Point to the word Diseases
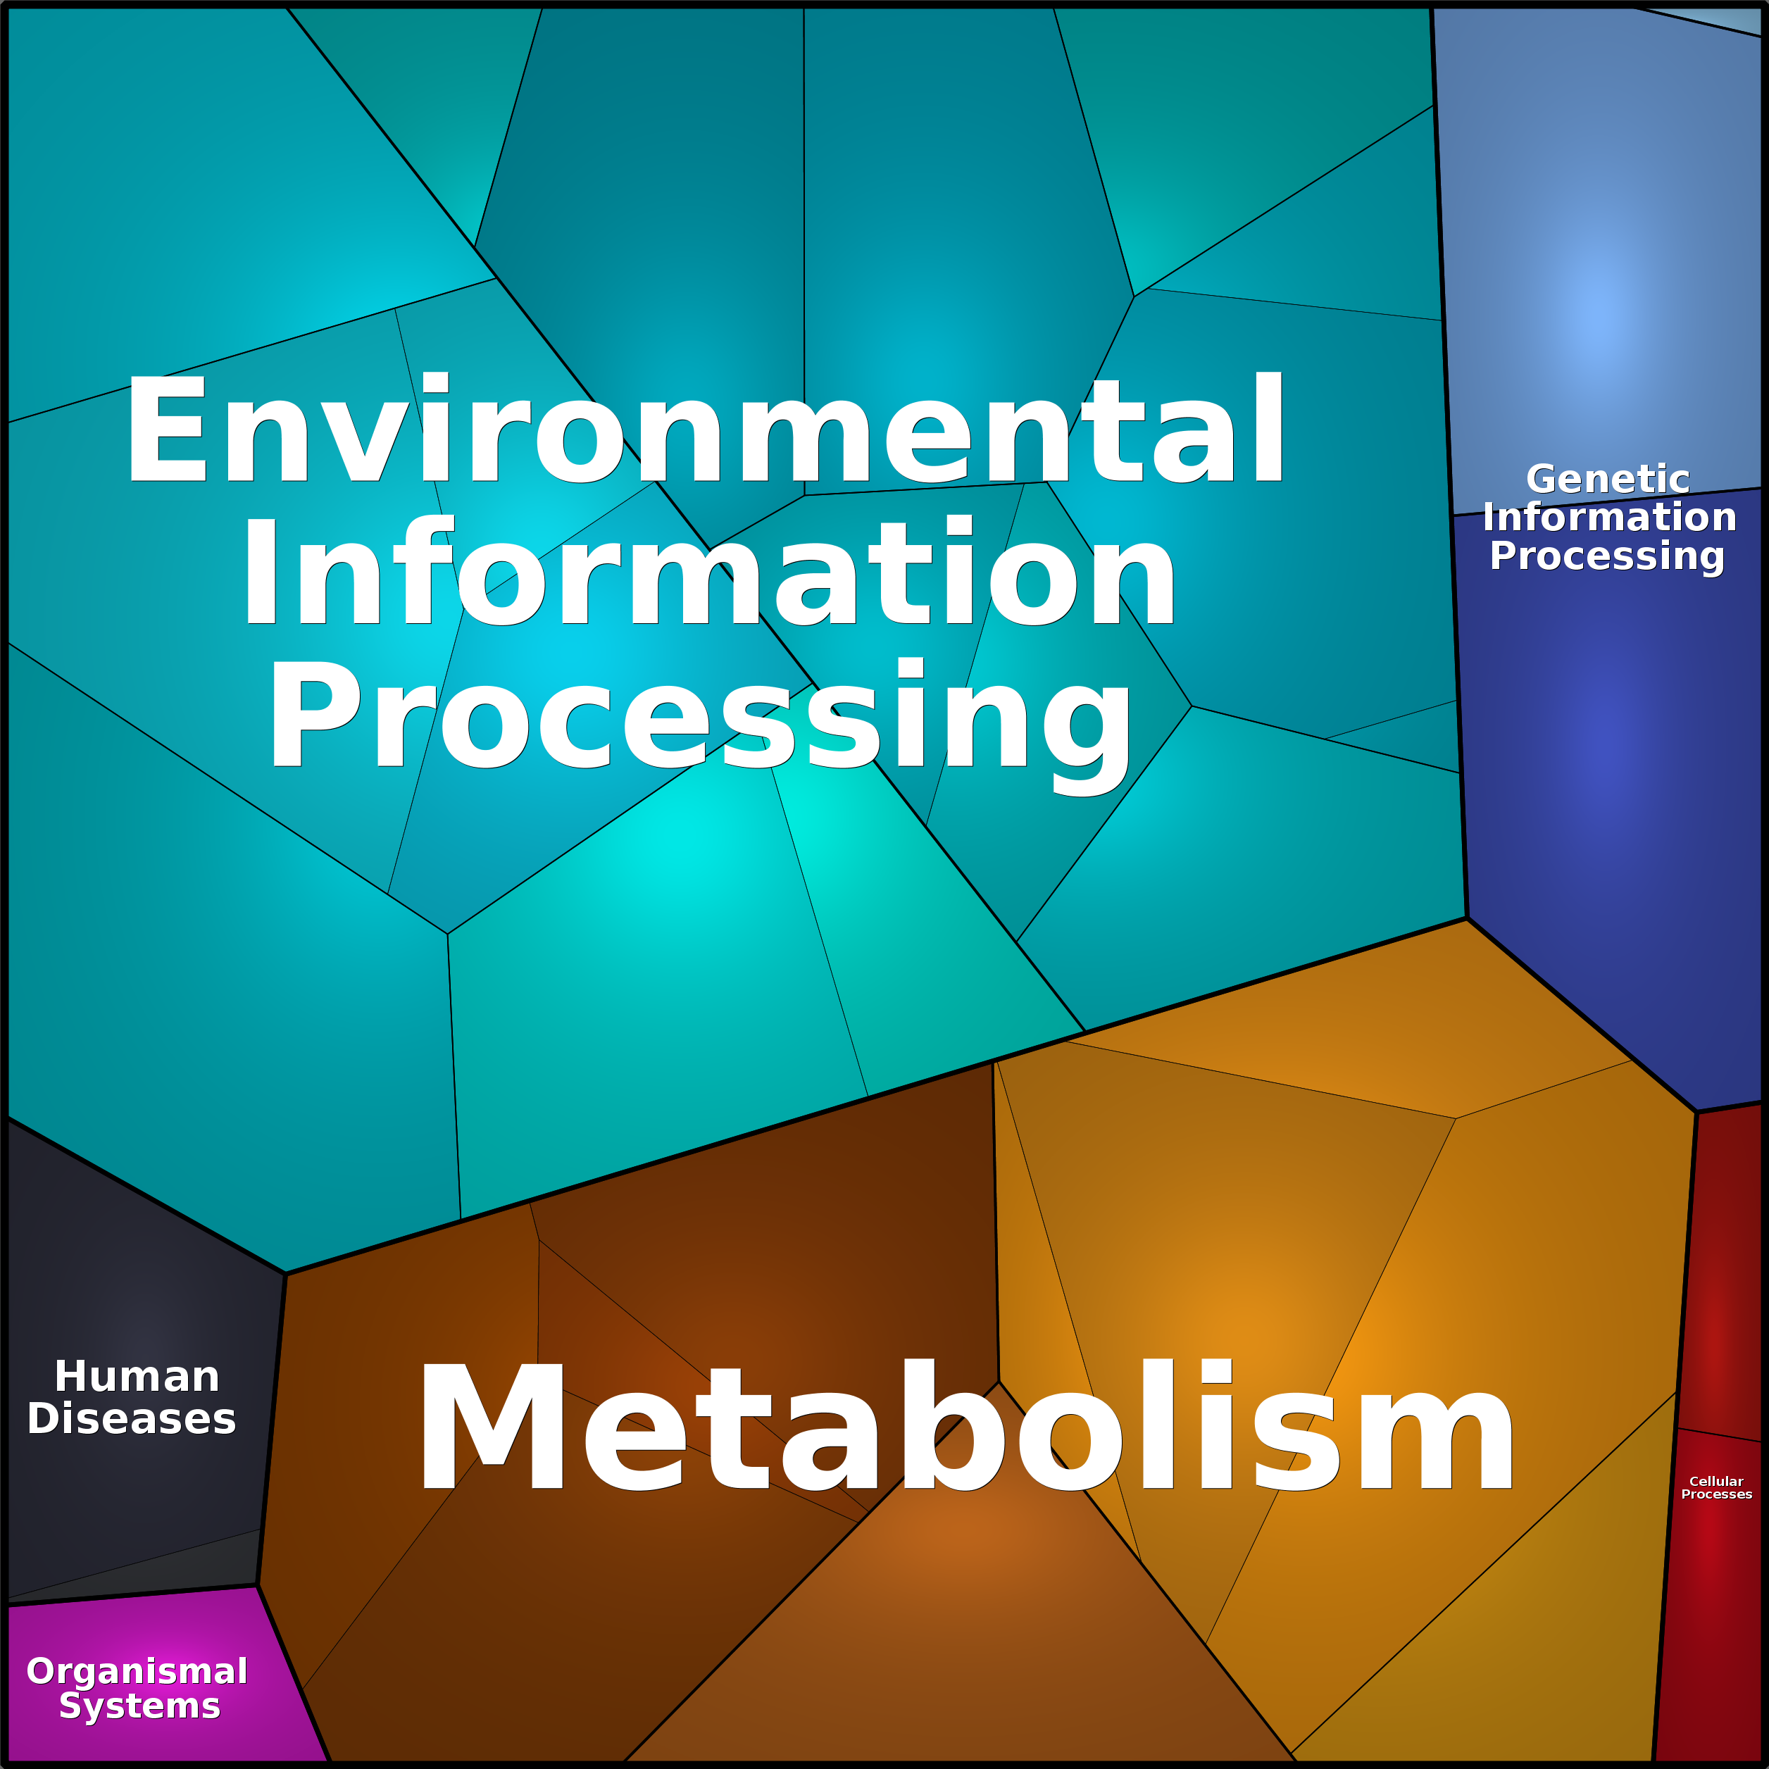132,1419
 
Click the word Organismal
137,1671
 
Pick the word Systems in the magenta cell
140,1706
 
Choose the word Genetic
1608,479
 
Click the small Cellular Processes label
1717,1487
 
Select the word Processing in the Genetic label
1607,556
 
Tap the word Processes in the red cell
1717,1494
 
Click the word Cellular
1717,1480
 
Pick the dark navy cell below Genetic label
1602,824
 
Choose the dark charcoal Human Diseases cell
137,1282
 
